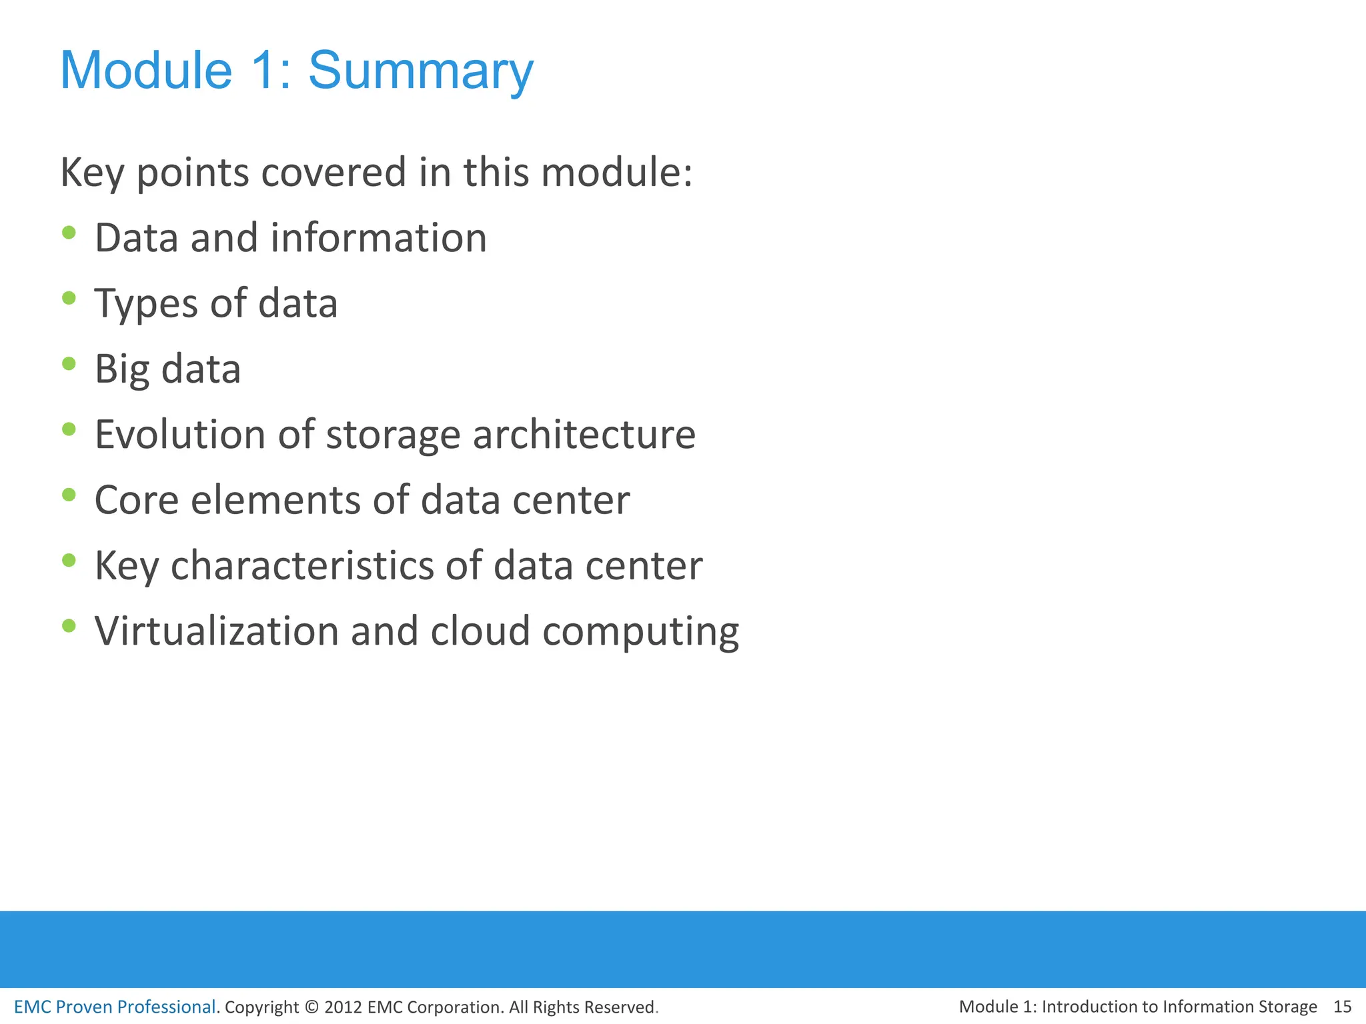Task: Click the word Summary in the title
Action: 420,71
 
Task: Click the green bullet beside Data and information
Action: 69,233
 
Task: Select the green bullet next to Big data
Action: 69,364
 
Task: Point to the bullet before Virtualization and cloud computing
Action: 69,626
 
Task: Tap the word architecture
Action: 584,435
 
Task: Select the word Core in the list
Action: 137,500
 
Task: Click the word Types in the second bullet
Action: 146,304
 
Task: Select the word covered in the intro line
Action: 333,172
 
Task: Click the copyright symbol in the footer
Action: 311,1007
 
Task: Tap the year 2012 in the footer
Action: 343,1007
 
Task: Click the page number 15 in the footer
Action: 1342,1007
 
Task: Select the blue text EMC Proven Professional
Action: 115,1007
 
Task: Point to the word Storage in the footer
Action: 1287,1007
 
